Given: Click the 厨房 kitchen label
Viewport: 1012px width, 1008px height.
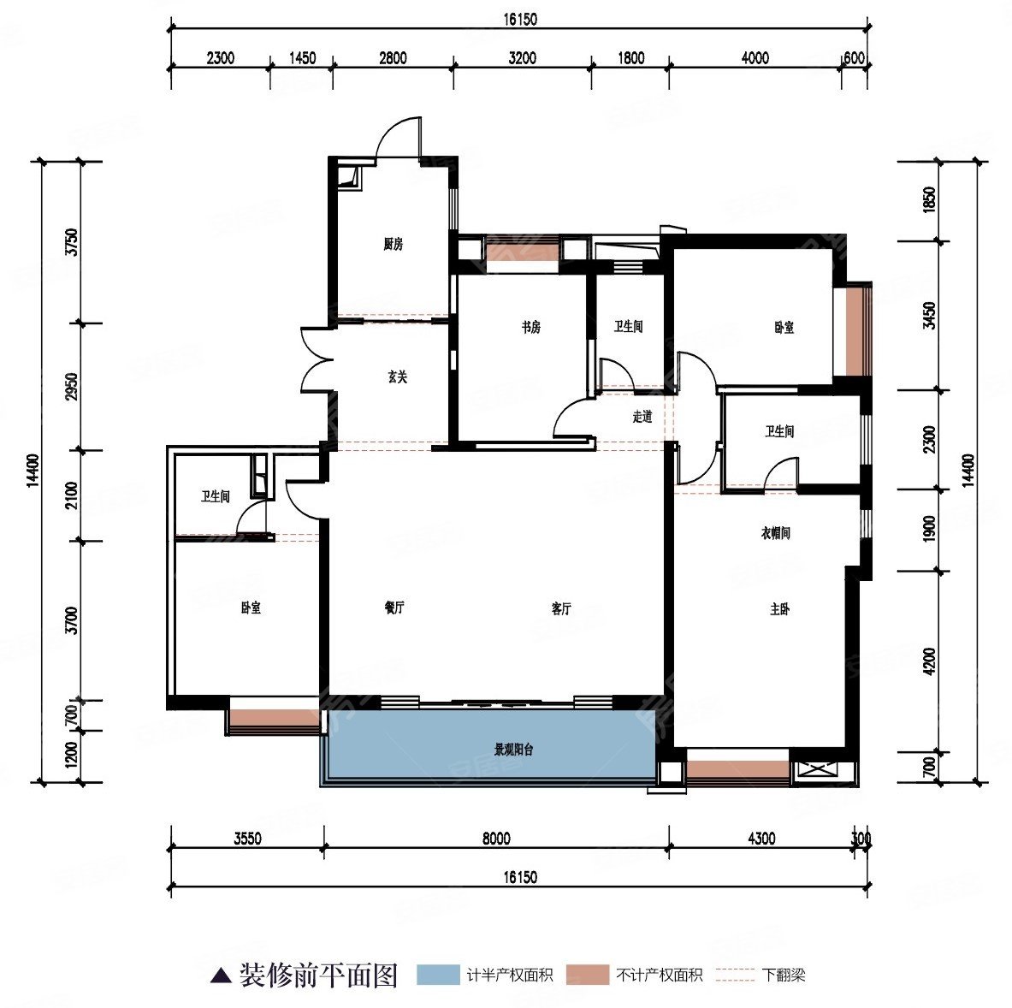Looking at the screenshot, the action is coord(393,244).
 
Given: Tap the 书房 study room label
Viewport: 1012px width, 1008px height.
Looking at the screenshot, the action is coord(531,328).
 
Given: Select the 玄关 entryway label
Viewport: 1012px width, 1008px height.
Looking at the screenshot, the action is coord(398,377).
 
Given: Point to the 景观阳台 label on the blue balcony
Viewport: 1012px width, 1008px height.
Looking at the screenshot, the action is coord(514,750).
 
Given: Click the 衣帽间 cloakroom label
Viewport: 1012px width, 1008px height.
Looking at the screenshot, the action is coord(776,533).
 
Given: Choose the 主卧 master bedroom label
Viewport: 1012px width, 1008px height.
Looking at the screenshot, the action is coord(779,609).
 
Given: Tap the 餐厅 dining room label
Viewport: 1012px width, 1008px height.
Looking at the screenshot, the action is coord(394,608).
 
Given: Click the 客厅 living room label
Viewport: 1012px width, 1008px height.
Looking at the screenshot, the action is coord(561,608).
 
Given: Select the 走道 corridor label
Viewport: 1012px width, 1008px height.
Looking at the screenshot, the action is coord(642,417).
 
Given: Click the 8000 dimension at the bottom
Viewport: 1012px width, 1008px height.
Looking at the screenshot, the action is coord(496,839).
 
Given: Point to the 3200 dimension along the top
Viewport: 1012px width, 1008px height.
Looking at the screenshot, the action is coord(522,58).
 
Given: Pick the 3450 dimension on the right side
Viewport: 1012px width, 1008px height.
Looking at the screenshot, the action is coord(929,315).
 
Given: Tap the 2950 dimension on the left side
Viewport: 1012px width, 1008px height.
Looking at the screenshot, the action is coord(72,386).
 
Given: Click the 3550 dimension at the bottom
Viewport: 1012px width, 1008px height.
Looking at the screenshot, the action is coord(248,839).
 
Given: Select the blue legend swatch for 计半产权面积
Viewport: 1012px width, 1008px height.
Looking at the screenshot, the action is coord(438,975).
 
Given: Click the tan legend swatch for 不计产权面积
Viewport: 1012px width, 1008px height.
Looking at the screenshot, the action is coord(588,975).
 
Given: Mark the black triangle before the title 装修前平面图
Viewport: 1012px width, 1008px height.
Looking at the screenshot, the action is coord(222,975).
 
